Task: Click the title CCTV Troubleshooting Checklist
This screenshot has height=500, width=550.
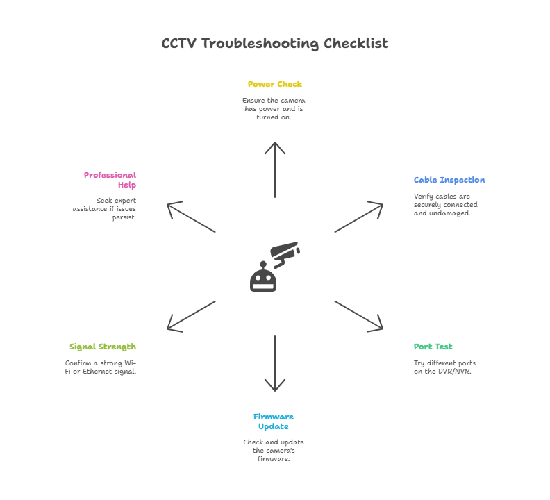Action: (x=275, y=44)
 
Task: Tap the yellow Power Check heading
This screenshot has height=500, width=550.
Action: (x=275, y=84)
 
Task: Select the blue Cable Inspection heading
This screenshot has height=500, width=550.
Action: (x=449, y=180)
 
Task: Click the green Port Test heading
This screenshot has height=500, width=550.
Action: (x=433, y=347)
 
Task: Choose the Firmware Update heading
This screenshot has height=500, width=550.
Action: (x=274, y=422)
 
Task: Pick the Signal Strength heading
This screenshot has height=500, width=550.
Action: (x=103, y=347)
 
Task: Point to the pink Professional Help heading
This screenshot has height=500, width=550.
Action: (x=110, y=180)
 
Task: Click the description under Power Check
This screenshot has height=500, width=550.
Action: (x=274, y=109)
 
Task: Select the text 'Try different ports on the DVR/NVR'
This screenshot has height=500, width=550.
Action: (x=444, y=367)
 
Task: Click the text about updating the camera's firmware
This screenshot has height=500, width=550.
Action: (x=274, y=450)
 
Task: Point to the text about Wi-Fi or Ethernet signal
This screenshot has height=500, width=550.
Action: (x=101, y=367)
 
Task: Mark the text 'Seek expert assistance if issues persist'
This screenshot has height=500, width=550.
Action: (x=105, y=208)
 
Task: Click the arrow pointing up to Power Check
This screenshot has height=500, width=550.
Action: (x=275, y=170)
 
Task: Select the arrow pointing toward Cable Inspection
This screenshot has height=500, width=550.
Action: (x=358, y=217)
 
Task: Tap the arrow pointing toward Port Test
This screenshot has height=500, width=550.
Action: (x=358, y=315)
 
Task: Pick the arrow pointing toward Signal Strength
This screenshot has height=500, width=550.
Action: (x=192, y=315)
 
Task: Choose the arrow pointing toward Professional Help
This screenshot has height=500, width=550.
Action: (x=192, y=217)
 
